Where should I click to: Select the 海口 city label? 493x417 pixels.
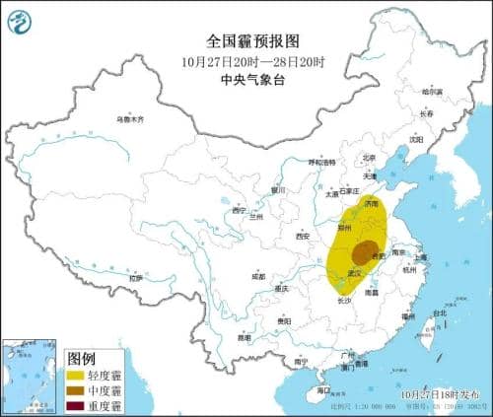pos(324,390)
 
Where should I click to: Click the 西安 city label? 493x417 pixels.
pos(302,237)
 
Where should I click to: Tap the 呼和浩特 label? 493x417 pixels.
pos(323,161)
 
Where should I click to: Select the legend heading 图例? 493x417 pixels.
pos(80,357)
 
